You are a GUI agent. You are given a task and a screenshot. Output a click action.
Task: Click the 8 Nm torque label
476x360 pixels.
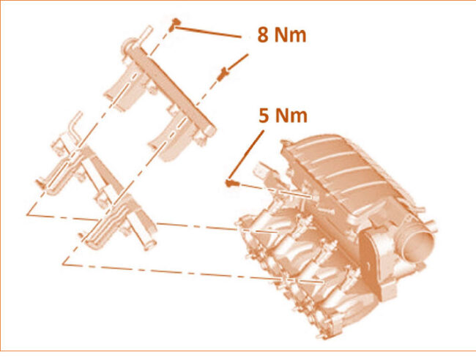(x=282, y=34)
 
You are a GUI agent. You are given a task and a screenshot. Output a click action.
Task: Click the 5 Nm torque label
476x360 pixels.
(x=283, y=116)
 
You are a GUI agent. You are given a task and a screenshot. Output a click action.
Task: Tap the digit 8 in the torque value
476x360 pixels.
(x=263, y=34)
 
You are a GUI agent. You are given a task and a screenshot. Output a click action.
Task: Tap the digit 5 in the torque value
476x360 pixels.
(x=264, y=116)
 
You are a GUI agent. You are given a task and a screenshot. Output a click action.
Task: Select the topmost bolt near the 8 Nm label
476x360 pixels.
(x=174, y=24)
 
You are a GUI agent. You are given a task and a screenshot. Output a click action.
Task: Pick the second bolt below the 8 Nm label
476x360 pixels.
(x=223, y=75)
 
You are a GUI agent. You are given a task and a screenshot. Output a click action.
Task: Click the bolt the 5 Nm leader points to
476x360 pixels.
(x=231, y=183)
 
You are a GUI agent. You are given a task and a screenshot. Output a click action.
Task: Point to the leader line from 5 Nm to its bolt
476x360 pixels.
(x=246, y=154)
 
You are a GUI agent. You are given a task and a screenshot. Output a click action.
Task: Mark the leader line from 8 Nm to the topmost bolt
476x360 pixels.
(x=209, y=32)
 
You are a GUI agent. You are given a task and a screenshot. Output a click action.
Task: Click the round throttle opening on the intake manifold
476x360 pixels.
(x=419, y=245)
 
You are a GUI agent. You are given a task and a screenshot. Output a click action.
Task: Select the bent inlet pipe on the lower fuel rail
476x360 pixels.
(x=75, y=127)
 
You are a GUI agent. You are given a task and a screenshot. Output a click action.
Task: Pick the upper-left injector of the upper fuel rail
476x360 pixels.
(x=124, y=86)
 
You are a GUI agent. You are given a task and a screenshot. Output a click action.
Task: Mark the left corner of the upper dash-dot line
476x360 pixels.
(x=27, y=214)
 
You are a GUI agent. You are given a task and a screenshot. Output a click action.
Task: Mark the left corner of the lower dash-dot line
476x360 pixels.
(x=63, y=264)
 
